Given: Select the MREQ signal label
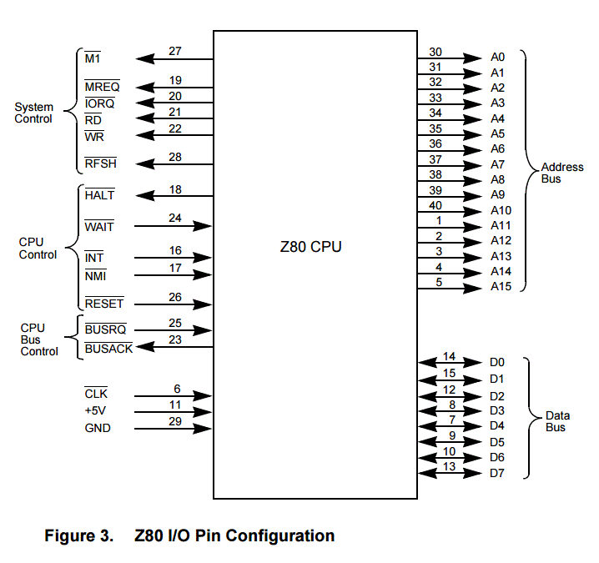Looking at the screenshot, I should [x=102, y=88].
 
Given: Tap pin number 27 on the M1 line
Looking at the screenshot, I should [x=175, y=52].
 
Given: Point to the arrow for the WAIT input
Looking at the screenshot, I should [x=174, y=226].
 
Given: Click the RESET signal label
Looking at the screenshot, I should [x=103, y=304].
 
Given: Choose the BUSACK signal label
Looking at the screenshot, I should [x=108, y=349].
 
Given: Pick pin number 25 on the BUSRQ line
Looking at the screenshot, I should [x=175, y=322].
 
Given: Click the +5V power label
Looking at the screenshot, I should [x=97, y=410].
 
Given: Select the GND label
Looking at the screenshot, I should [x=98, y=428].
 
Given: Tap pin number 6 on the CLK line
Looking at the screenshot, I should [x=177, y=388].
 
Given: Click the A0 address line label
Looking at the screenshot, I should [x=497, y=58].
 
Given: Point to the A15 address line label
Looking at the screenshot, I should [x=501, y=287].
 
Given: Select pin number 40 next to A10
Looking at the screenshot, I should [x=435, y=205].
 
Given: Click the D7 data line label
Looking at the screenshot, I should [x=497, y=474].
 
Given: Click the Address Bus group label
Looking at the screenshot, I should [x=561, y=173].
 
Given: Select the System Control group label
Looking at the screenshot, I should [x=33, y=113].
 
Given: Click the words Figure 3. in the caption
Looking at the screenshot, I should [x=78, y=536].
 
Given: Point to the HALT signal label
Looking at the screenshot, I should [x=99, y=195].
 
